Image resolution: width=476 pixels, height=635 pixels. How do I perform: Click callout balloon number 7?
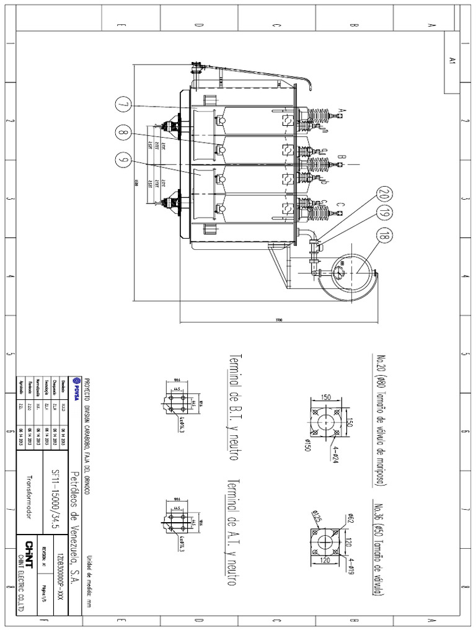pos(123,105)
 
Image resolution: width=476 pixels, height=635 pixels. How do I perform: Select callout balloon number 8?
pos(123,132)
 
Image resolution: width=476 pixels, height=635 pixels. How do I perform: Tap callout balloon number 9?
pos(123,160)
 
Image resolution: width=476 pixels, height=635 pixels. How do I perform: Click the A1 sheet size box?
pos(452,62)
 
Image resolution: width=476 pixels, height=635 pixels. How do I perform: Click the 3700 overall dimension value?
pos(280,320)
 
